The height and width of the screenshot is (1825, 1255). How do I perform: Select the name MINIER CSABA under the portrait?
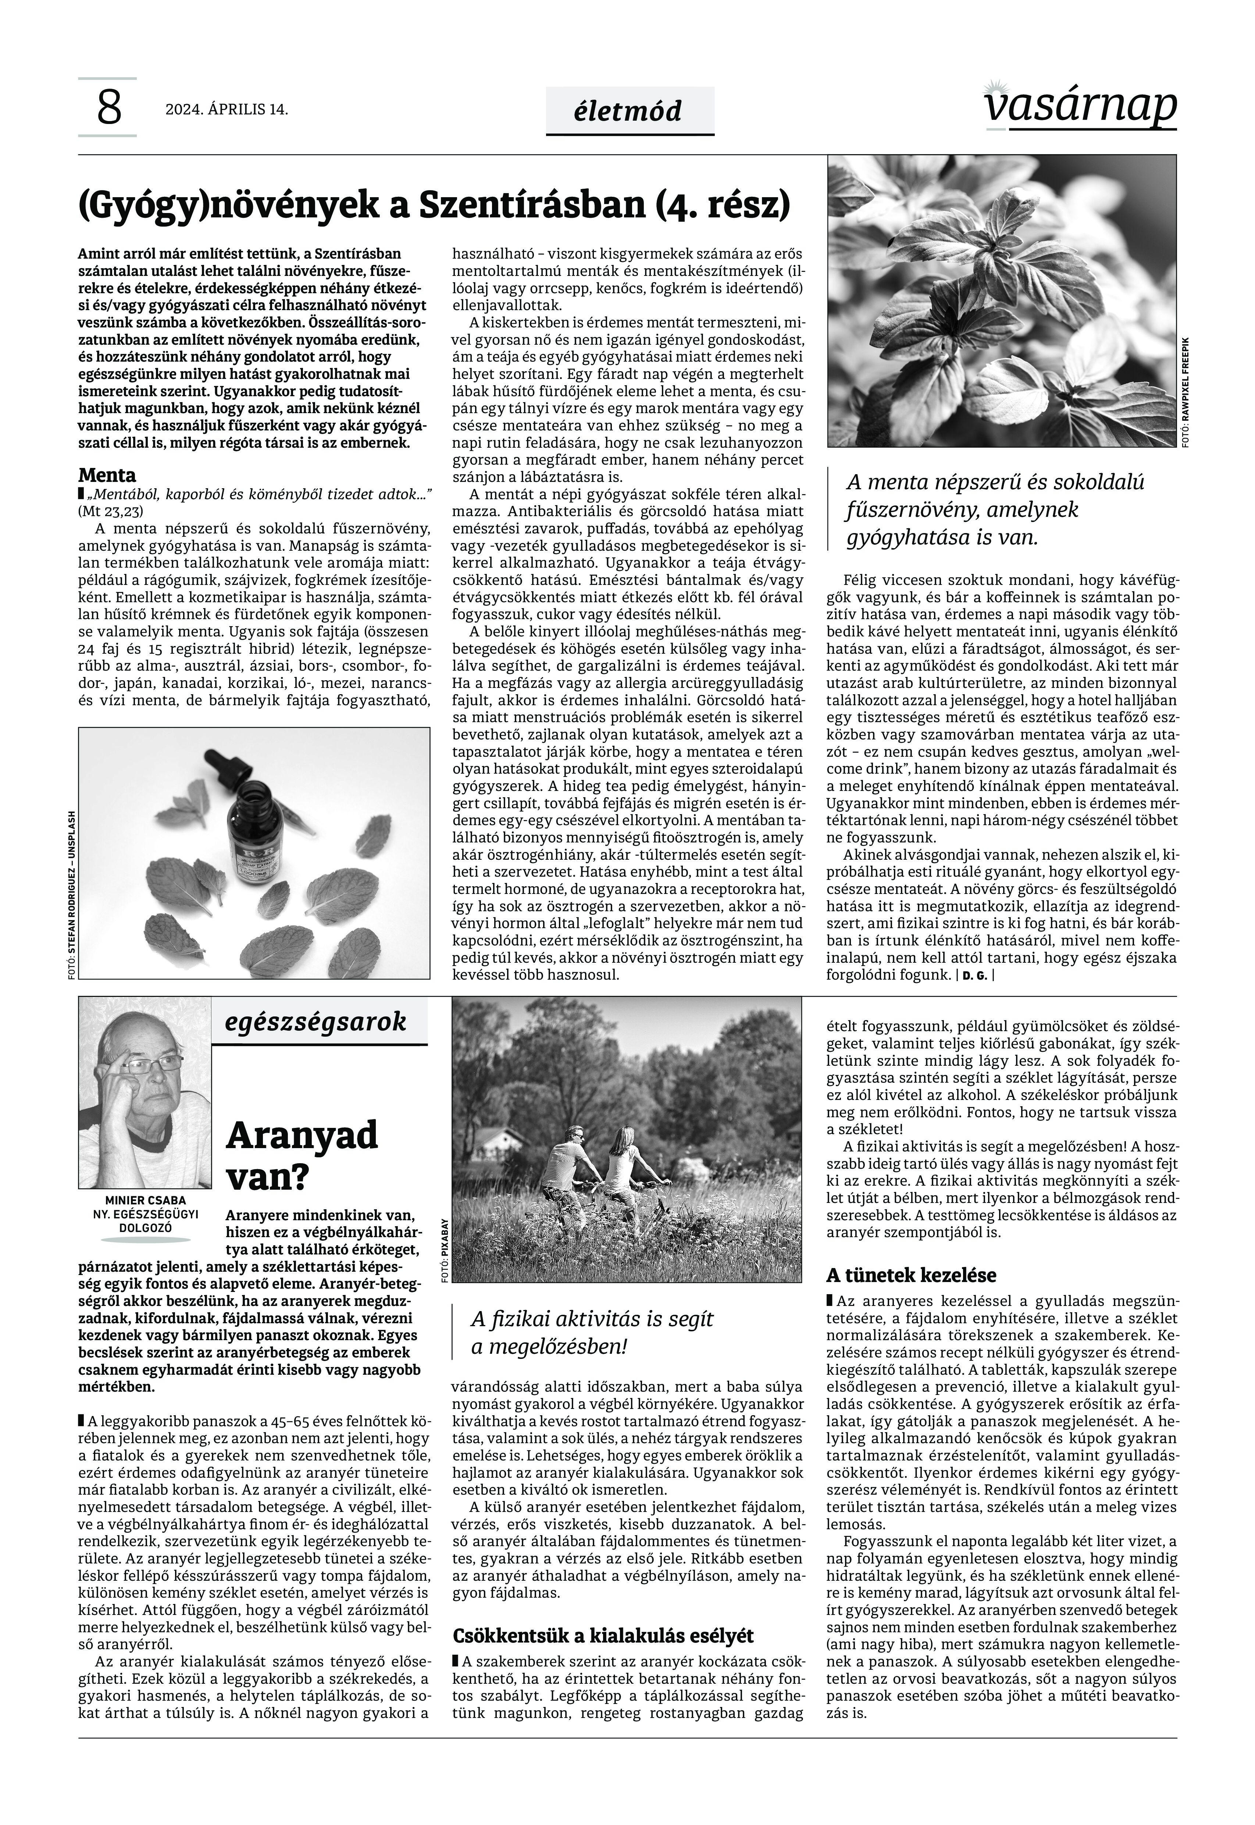point(146,1200)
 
